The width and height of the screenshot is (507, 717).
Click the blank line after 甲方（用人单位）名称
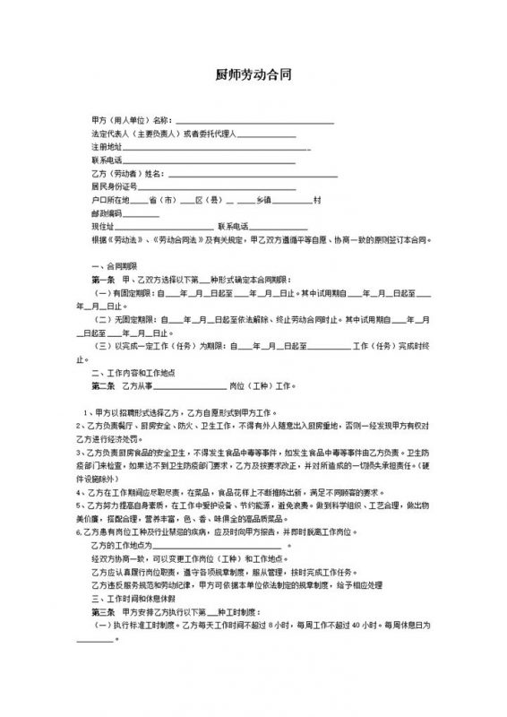pyautogui.click(x=253, y=121)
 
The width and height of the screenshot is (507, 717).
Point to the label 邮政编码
pyautogui.click(x=106, y=214)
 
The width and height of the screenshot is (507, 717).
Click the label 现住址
pyautogui.click(x=102, y=228)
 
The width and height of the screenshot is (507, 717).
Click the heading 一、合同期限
pyautogui.click(x=113, y=267)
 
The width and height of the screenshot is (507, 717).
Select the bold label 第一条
pyautogui.click(x=107, y=280)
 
